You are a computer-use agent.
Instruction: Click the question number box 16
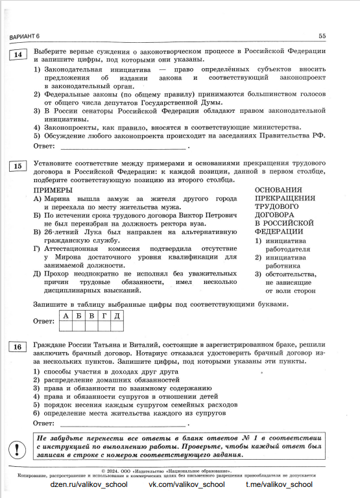[x=18, y=347]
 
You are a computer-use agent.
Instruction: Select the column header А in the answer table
[x=66, y=315]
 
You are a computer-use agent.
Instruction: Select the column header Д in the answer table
[x=117, y=315]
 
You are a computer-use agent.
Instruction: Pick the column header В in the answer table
[x=91, y=315]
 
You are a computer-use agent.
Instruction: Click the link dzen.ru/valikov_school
[x=84, y=484]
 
